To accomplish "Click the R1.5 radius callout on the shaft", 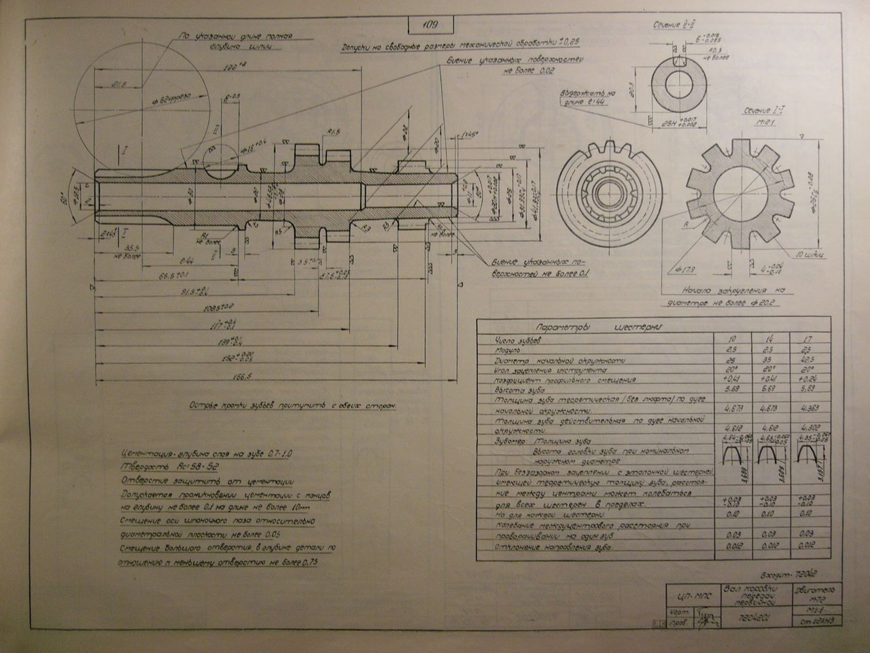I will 333,131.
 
